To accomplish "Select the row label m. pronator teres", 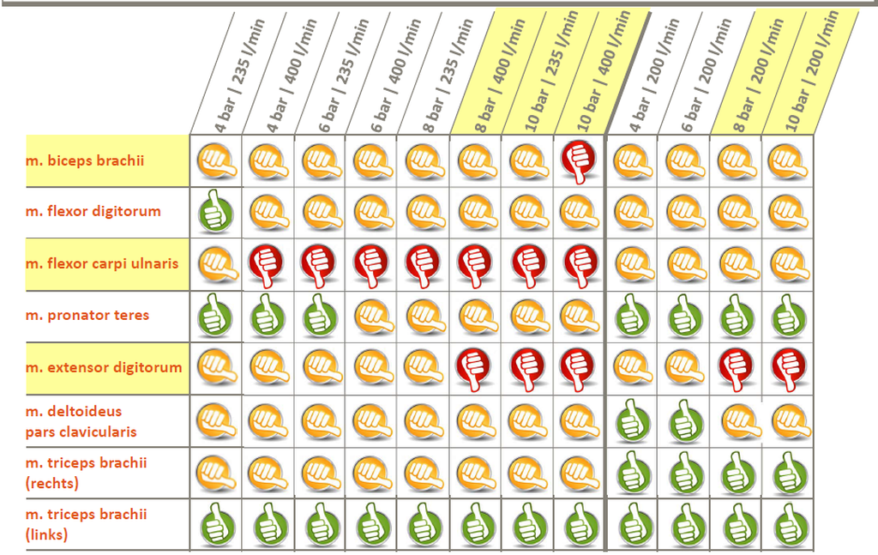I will [x=87, y=315].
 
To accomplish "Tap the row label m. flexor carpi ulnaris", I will [x=102, y=263].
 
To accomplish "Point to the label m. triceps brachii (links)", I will [x=86, y=524].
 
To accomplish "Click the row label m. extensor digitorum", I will [x=104, y=367].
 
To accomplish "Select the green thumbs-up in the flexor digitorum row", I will [x=215, y=212].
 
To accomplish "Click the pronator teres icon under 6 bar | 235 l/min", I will [x=319, y=316].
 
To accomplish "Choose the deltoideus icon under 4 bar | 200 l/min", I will [x=631, y=420].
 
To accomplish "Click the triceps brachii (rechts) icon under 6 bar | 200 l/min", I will [x=683, y=472].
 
